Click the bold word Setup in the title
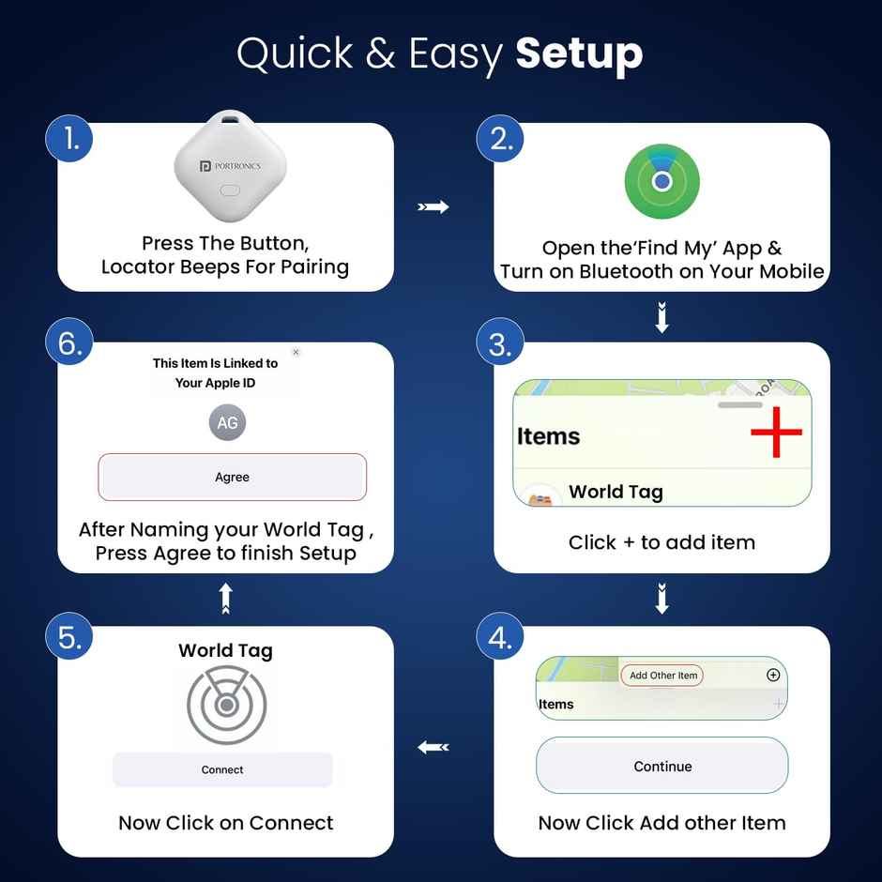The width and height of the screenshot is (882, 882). [x=579, y=53]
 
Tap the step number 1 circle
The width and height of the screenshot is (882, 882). [x=69, y=139]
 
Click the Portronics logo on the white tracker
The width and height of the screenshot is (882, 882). [x=230, y=166]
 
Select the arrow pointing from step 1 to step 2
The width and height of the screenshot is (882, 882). [x=433, y=206]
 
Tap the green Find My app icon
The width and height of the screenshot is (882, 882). [x=661, y=180]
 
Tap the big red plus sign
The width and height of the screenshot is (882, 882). [x=776, y=432]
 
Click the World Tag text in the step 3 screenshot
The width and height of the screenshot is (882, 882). [x=616, y=492]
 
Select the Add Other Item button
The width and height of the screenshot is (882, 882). [x=662, y=676]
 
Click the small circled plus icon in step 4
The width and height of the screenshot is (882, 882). [x=773, y=675]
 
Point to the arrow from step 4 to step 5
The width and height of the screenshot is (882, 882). [x=433, y=747]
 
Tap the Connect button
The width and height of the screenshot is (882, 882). [x=222, y=769]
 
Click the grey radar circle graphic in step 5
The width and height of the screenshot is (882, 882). [x=226, y=705]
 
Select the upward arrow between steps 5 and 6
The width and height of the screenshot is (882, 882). [x=225, y=599]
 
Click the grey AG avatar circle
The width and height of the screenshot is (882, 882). [x=227, y=423]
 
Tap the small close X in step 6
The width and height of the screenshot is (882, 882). [x=296, y=353]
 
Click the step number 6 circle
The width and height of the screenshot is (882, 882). [x=69, y=343]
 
